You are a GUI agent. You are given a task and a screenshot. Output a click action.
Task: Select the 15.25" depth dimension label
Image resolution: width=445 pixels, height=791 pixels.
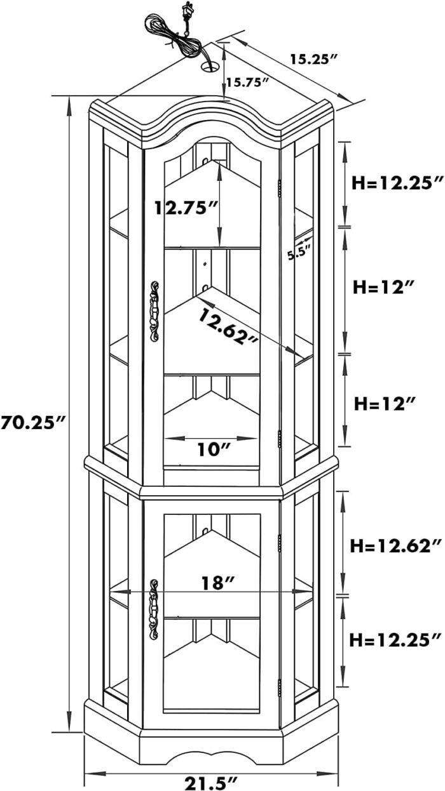[x=312, y=60]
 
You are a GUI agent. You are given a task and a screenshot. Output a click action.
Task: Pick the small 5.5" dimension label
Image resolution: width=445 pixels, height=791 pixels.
[x=299, y=252]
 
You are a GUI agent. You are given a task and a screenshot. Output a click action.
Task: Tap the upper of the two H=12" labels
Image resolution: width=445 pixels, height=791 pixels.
[x=384, y=287]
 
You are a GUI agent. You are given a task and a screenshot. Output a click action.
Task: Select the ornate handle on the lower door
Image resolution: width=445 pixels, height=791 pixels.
[x=153, y=609]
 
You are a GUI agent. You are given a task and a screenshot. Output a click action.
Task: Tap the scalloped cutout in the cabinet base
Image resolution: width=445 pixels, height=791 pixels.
[x=209, y=756]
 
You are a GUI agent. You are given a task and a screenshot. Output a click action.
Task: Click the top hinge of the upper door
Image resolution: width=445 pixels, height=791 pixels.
[x=280, y=189]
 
